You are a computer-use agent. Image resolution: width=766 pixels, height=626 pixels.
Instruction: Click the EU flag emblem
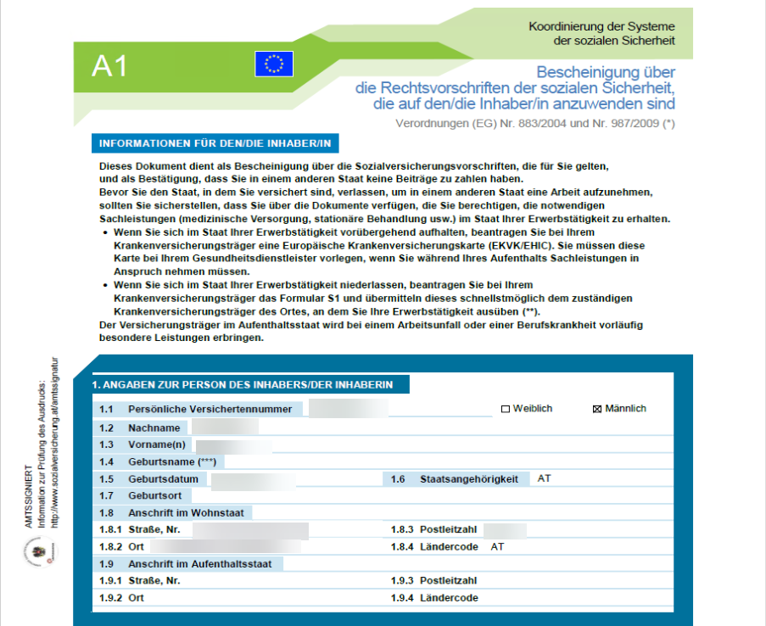click(274, 64)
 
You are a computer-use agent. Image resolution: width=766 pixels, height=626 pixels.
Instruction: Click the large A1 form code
click(109, 66)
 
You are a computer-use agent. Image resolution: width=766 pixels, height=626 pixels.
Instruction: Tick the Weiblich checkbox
click(506, 409)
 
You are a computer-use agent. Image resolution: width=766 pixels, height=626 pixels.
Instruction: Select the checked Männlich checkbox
click(597, 409)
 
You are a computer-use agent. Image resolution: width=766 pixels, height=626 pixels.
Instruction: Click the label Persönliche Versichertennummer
click(210, 409)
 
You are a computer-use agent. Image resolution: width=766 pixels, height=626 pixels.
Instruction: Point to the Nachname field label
click(154, 428)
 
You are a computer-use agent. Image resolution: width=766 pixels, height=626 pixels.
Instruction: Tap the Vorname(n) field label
click(158, 444)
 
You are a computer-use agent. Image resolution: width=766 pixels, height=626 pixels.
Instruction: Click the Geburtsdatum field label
click(163, 479)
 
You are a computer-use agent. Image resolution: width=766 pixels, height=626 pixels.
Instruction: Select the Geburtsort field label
click(154, 495)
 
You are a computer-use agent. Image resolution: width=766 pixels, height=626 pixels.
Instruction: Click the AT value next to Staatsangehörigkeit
click(544, 478)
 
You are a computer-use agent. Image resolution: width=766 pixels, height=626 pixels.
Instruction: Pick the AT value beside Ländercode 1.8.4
click(497, 546)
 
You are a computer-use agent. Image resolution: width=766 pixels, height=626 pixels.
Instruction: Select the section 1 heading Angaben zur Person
click(242, 385)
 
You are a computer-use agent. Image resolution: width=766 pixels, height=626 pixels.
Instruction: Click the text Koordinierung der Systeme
click(601, 27)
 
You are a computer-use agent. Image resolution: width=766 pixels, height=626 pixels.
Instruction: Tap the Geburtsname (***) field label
click(172, 461)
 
